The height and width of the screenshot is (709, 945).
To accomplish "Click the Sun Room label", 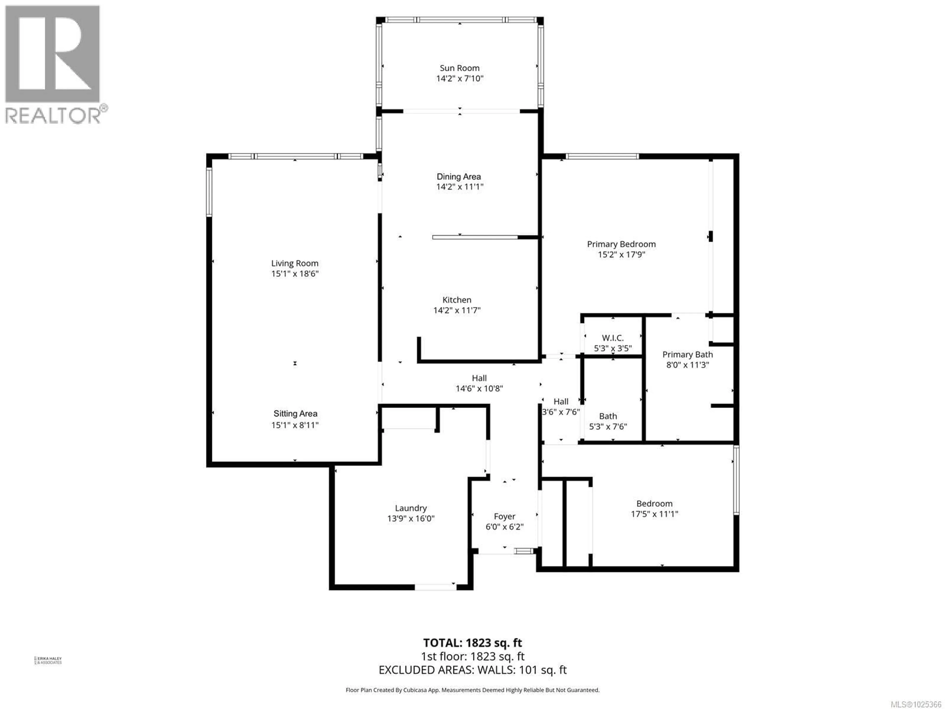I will [x=460, y=68].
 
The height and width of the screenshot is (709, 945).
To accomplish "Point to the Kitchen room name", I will [x=457, y=300].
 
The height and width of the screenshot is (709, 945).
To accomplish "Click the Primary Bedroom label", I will [x=621, y=244].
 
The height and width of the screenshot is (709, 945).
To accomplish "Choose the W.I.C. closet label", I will [x=613, y=338].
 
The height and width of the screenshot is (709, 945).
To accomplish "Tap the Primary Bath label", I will [x=687, y=354].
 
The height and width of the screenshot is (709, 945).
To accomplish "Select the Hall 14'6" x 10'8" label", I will [x=479, y=383].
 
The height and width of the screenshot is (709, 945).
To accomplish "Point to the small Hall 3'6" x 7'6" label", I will [x=561, y=406].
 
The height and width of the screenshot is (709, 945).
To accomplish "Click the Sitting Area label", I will [x=295, y=414].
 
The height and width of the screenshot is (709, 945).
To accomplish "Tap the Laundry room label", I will [x=410, y=508].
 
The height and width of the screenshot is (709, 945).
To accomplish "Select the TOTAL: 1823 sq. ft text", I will [x=472, y=643].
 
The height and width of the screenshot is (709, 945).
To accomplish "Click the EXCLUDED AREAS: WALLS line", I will [x=472, y=670].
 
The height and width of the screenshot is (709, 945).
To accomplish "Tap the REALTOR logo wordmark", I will [x=53, y=115].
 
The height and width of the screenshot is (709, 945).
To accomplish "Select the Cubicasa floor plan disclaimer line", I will [x=472, y=690].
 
